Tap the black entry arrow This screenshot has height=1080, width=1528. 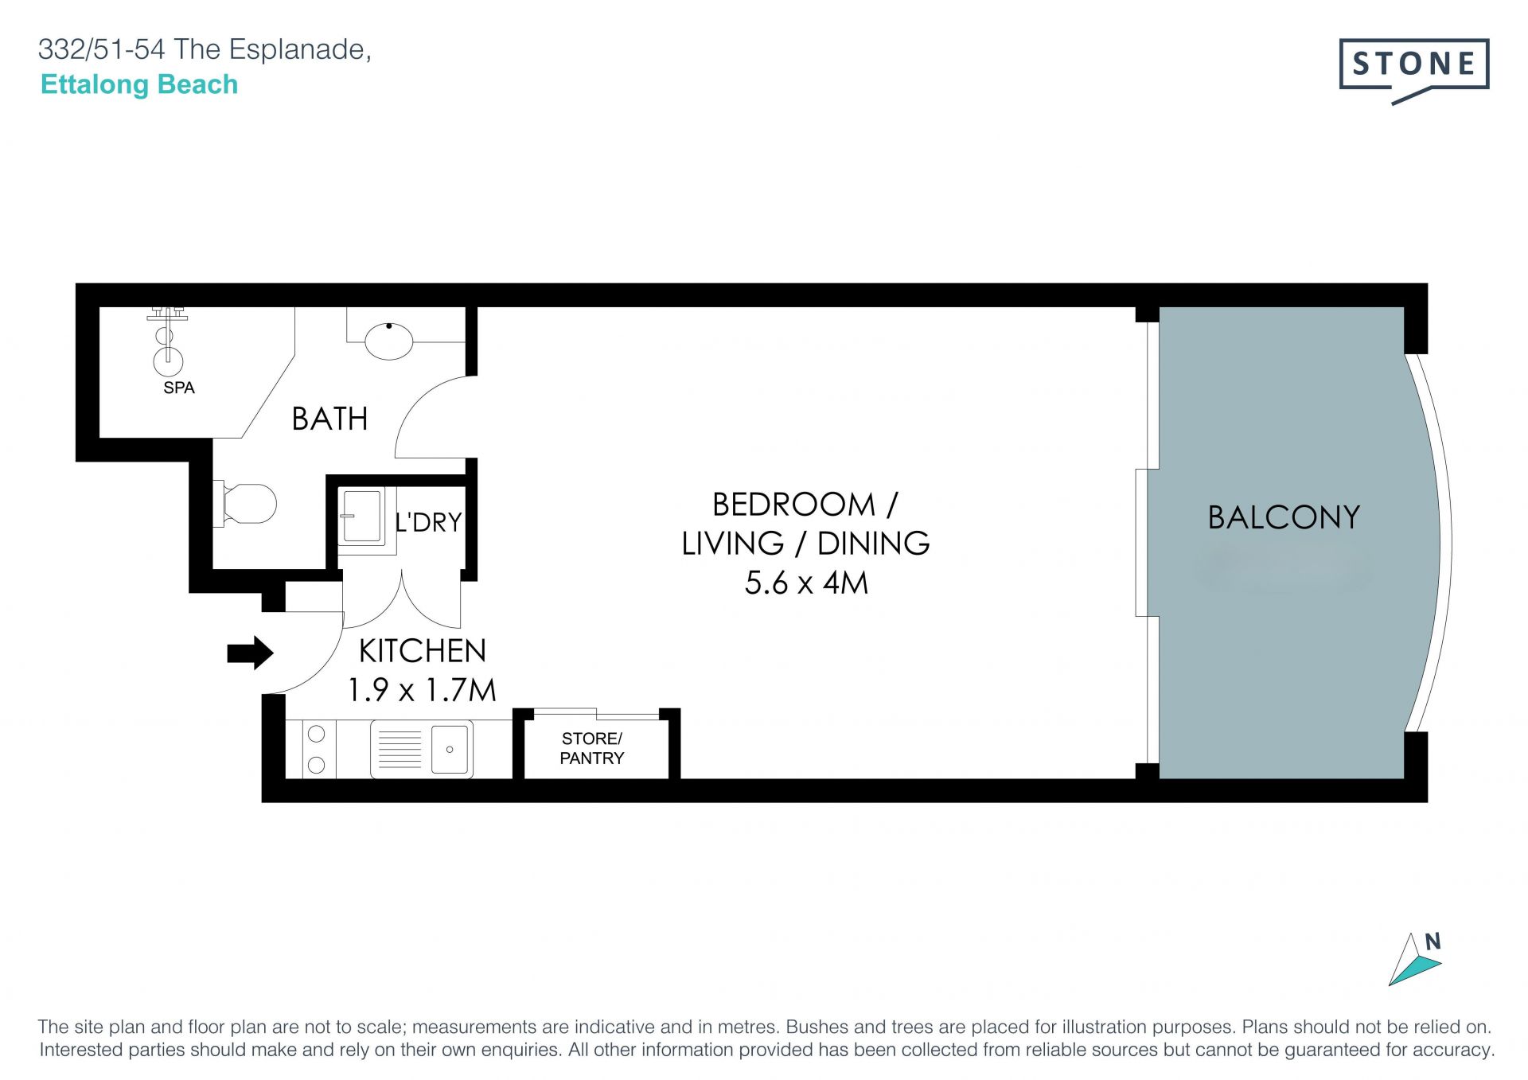point(251,653)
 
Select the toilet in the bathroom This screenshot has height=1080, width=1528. point(245,503)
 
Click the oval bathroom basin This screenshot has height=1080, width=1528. point(389,341)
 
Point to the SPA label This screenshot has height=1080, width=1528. point(179,388)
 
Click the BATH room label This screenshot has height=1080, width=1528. point(329,419)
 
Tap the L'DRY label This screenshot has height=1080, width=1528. point(428,522)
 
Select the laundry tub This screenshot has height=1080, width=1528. point(362,517)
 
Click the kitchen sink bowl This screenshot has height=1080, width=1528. point(450,749)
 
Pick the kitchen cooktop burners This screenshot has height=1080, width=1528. point(316,749)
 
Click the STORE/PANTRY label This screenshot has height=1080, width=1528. point(592,748)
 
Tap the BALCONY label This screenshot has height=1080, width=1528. point(1284,517)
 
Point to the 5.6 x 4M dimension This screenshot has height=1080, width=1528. point(806,583)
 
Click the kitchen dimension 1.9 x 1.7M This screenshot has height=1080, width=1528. point(422,689)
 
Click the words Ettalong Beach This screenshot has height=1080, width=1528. point(139,84)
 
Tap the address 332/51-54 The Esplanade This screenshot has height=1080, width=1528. point(205,49)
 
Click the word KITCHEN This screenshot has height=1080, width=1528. point(422,651)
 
